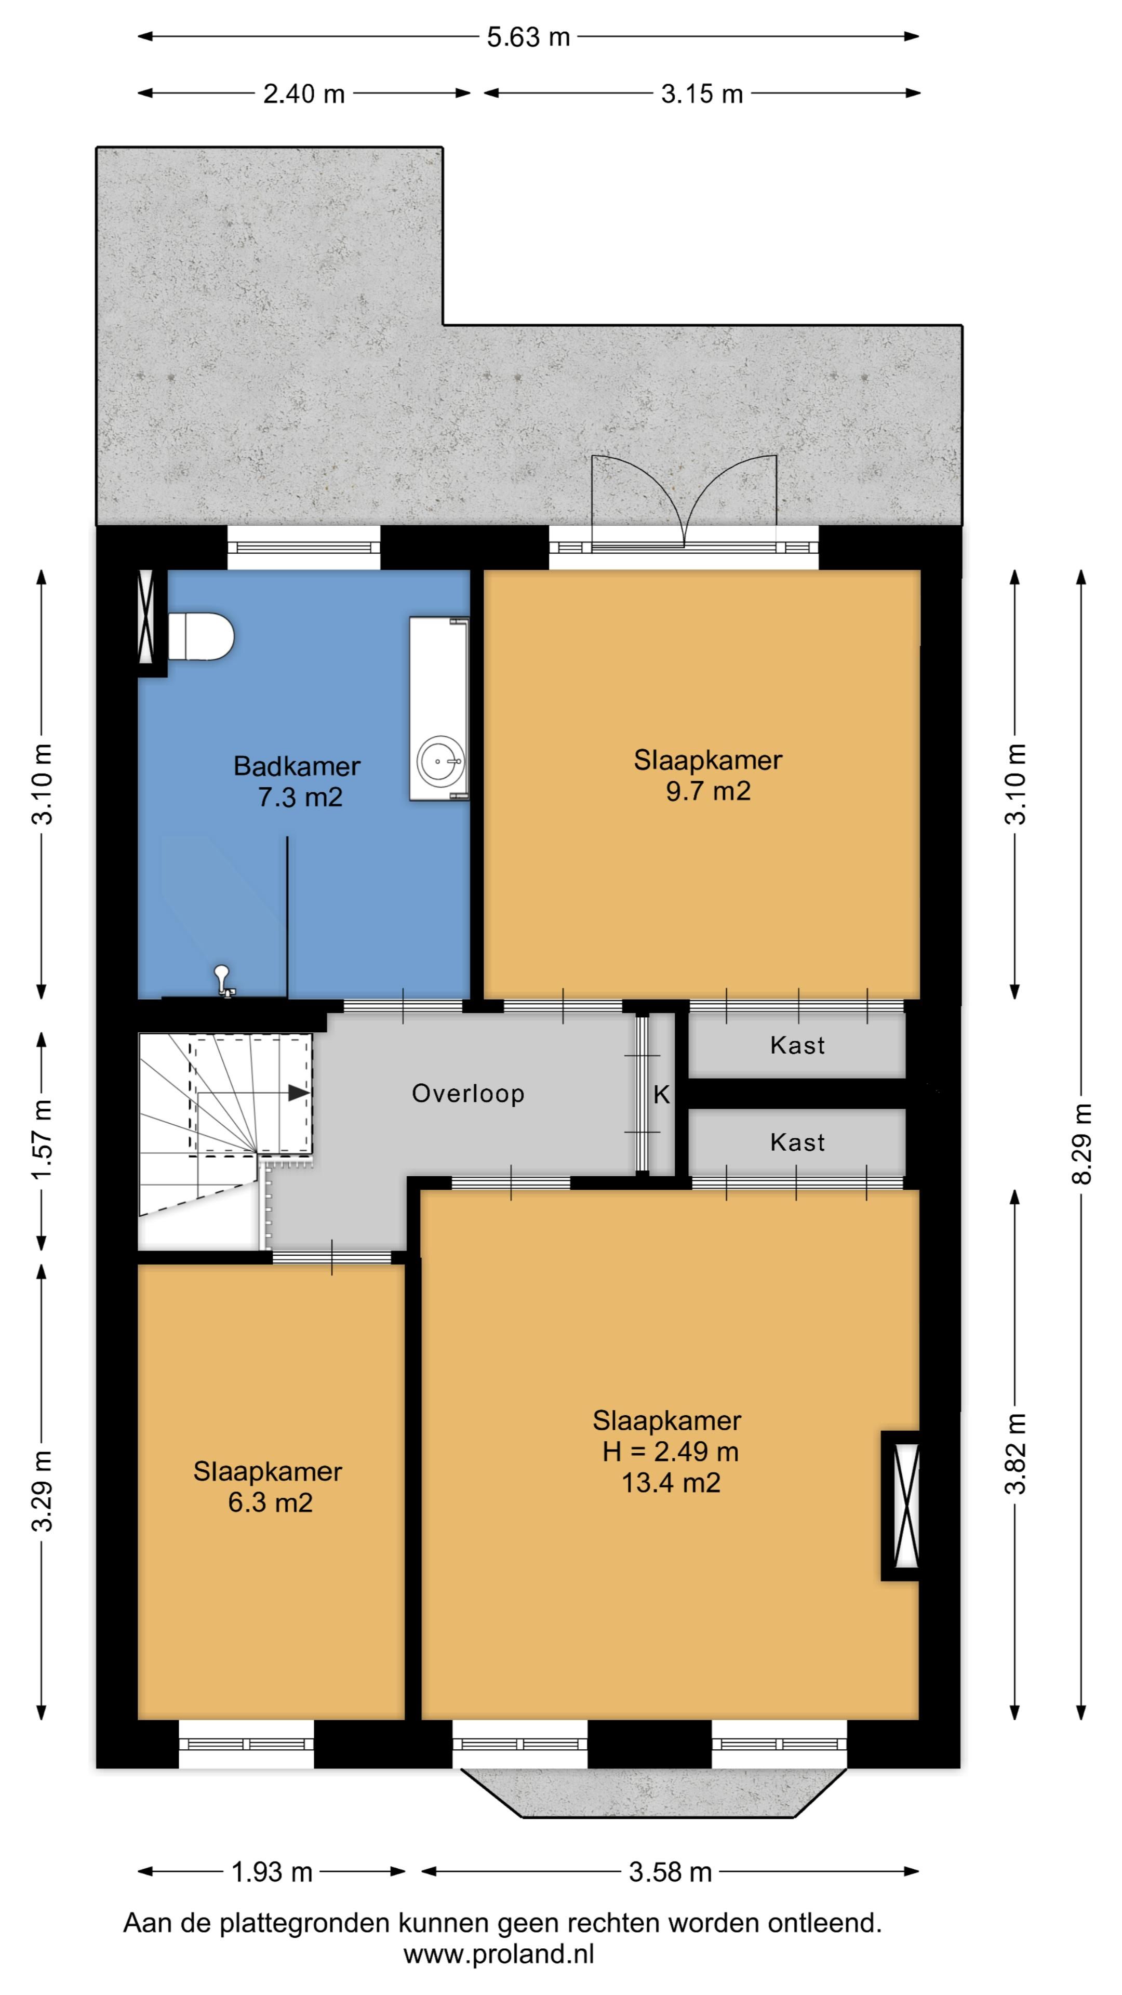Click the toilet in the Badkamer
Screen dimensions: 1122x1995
[x=202, y=636]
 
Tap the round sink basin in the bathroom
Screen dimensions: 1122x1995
[x=442, y=761]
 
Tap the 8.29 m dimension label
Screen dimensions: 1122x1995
[x=1081, y=1145]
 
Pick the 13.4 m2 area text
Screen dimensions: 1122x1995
[x=671, y=1482]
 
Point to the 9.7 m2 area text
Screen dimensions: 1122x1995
[x=709, y=791]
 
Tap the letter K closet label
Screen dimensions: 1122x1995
[x=661, y=1094]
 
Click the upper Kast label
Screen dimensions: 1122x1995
[x=797, y=1045]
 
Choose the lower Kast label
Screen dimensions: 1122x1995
[x=797, y=1142]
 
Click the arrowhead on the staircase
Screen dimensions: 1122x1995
[x=299, y=1093]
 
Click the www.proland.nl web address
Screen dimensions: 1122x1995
[x=499, y=1953]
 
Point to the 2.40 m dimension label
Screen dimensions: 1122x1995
[x=303, y=94]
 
